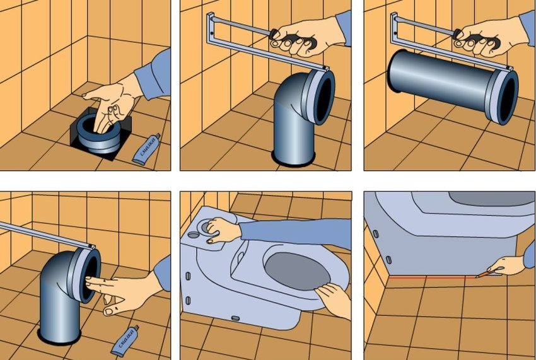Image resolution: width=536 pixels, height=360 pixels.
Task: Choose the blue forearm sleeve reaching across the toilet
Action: [290, 230]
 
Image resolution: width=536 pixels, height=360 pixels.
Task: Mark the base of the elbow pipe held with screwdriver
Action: [293, 154]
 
